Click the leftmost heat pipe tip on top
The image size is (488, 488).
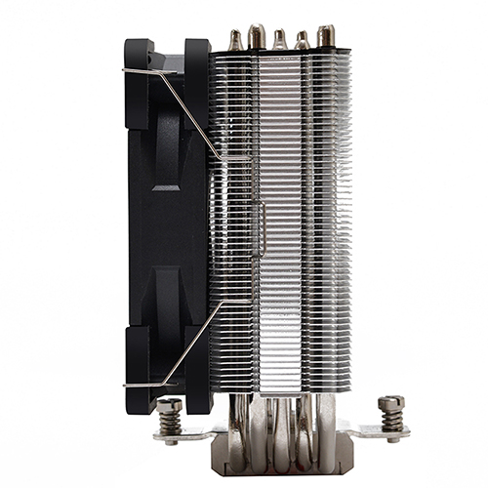[234, 39]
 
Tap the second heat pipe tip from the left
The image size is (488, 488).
[257, 35]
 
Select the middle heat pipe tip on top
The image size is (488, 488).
[280, 38]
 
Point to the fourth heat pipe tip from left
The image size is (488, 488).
[303, 39]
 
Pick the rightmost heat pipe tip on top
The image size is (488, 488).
[325, 35]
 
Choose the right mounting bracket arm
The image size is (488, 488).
[366, 431]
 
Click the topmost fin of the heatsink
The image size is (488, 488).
[283, 52]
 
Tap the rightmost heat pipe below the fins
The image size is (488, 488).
[326, 415]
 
